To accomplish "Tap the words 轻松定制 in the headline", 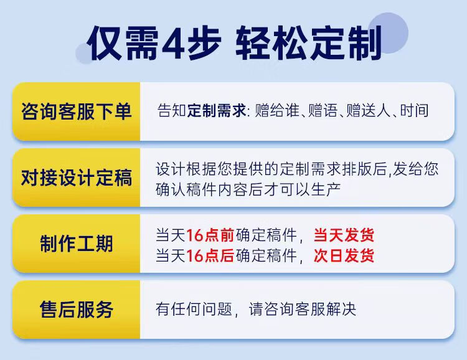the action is pyautogui.click(x=309, y=43).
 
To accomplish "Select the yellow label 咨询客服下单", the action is pyautogui.click(x=76, y=111).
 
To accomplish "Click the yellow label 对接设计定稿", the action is pyautogui.click(x=76, y=178).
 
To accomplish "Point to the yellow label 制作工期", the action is pyautogui.click(x=76, y=244).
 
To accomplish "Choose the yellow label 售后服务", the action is pyautogui.click(x=76, y=310).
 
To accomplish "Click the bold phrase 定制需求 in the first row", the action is pyautogui.click(x=217, y=111).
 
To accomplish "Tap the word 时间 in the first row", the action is pyautogui.click(x=414, y=111).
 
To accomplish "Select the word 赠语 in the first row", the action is pyautogui.click(x=323, y=111).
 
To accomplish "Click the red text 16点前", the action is pyautogui.click(x=210, y=235).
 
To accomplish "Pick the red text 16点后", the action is pyautogui.click(x=210, y=256).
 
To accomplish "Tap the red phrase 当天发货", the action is pyautogui.click(x=344, y=235).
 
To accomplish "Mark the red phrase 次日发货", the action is pyautogui.click(x=344, y=256).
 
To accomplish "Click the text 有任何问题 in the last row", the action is pyautogui.click(x=194, y=309).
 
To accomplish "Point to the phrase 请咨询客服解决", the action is pyautogui.click(x=302, y=309).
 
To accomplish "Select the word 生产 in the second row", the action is pyautogui.click(x=326, y=189).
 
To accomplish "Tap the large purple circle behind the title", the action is pyautogui.click(x=388, y=32).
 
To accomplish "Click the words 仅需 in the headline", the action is pyautogui.click(x=123, y=43).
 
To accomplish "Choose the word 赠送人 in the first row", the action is pyautogui.click(x=369, y=111).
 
